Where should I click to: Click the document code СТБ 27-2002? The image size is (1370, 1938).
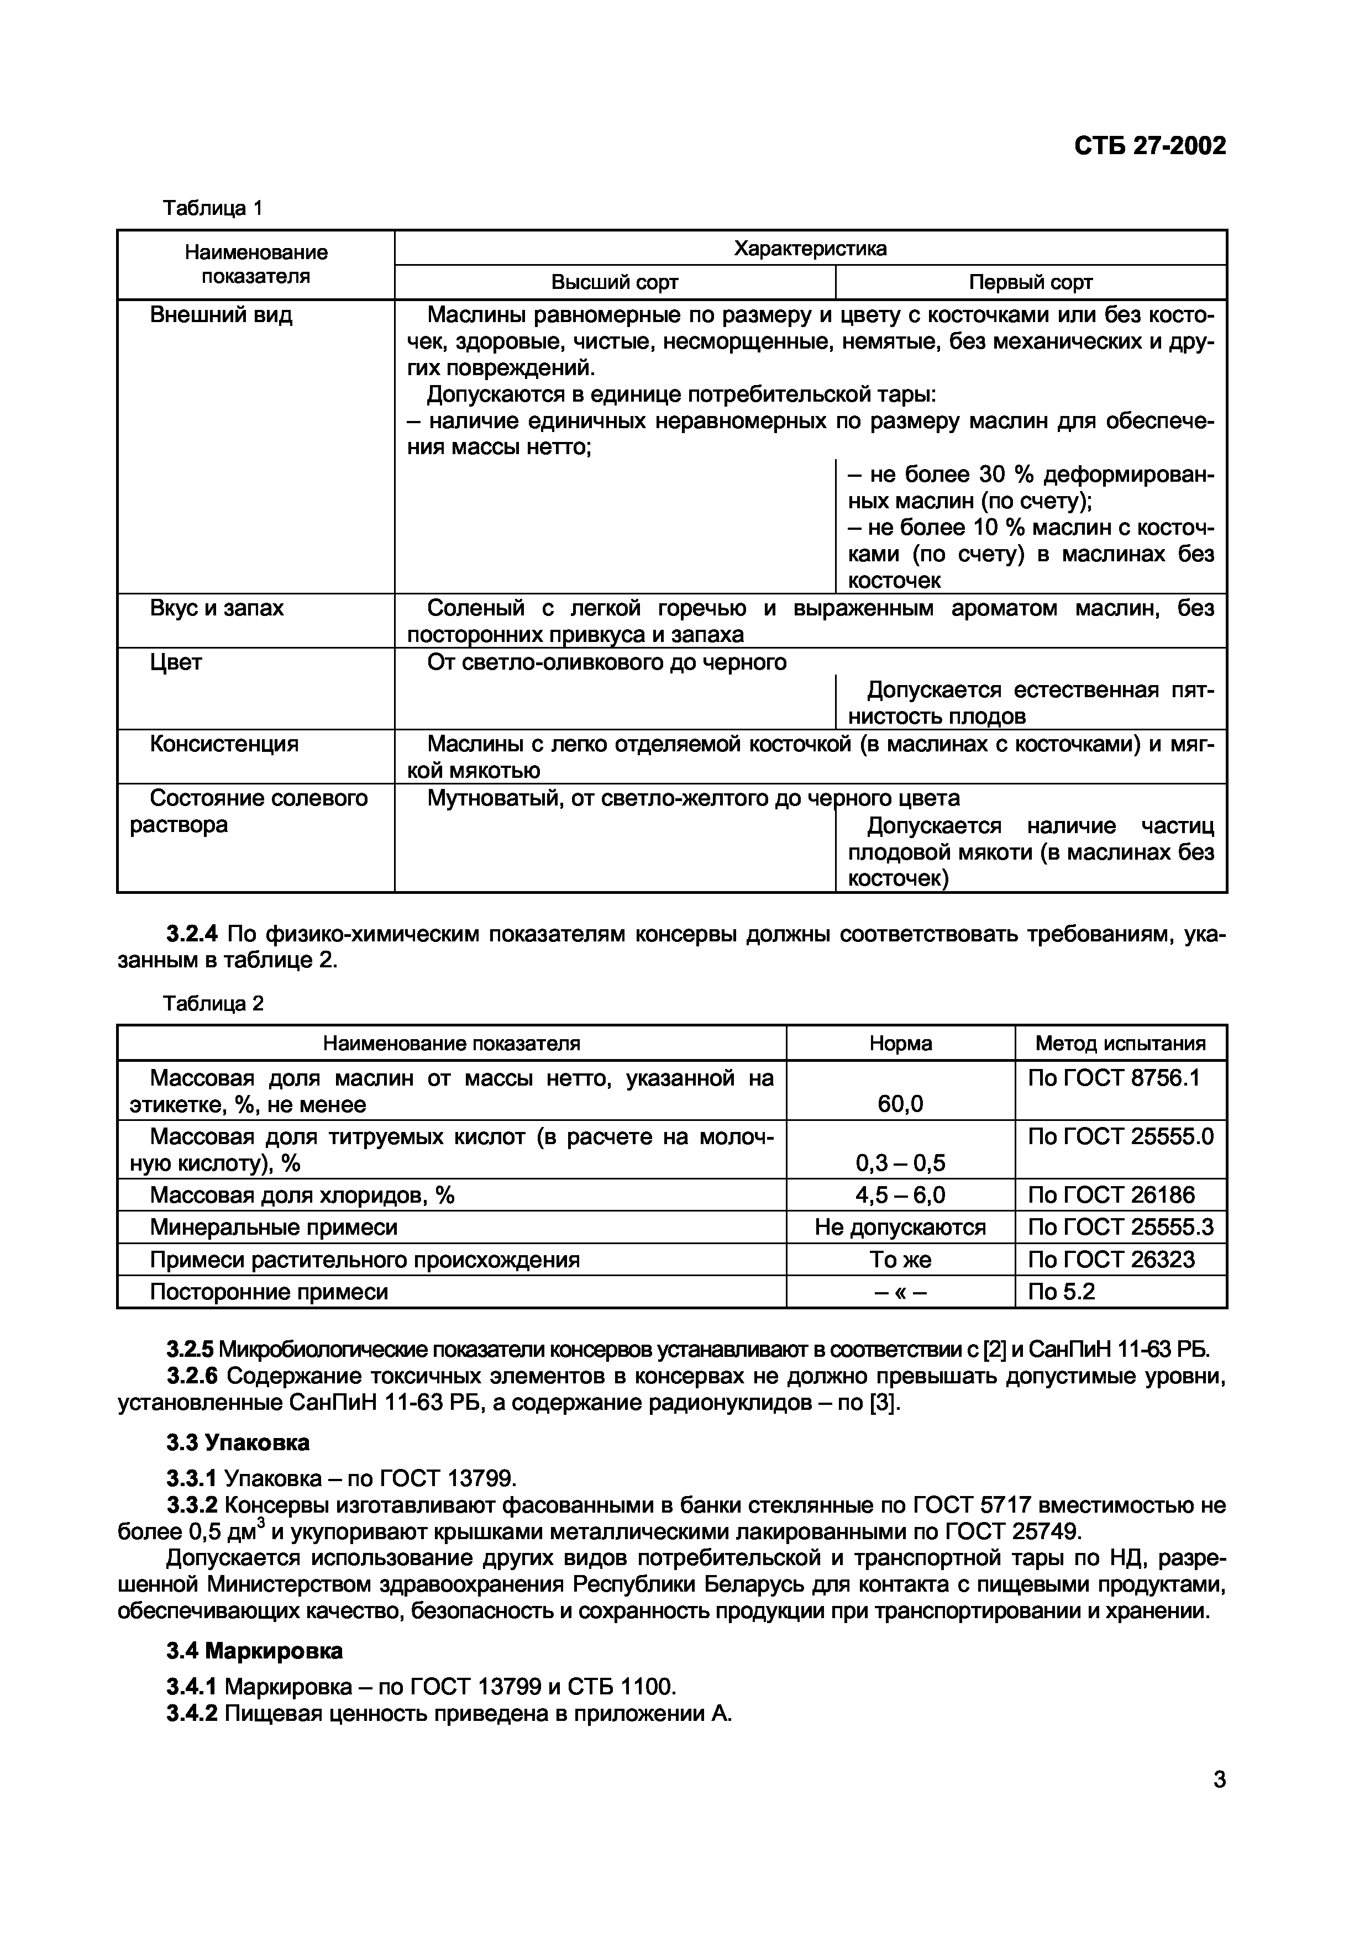pos(1149,146)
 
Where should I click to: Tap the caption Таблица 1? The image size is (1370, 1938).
pos(213,208)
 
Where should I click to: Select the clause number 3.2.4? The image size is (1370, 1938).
pos(192,934)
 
